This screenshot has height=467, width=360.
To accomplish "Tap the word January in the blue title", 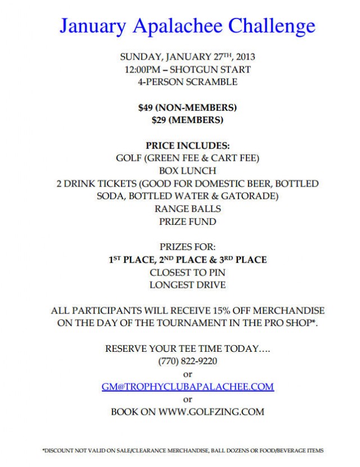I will tap(91, 26).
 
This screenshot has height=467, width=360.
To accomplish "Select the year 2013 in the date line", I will tap(245, 56).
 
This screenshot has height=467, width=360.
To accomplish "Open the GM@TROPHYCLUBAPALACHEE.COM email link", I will tap(187, 386).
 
